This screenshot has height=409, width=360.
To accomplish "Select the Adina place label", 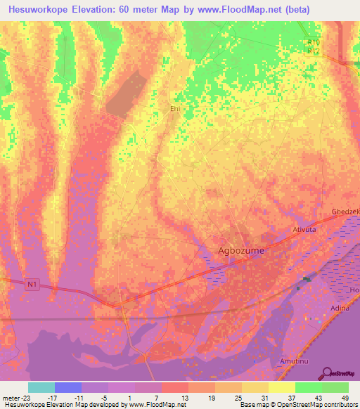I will click(x=340, y=309).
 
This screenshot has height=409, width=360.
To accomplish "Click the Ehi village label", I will click(x=175, y=109).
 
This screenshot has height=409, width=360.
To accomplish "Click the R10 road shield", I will click(x=314, y=42).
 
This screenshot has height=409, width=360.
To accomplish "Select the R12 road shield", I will click(x=314, y=51).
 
